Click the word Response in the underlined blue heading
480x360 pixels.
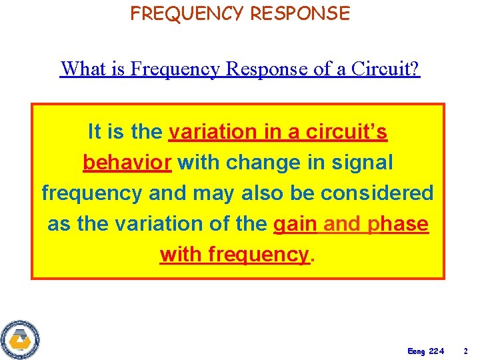pos(259,68)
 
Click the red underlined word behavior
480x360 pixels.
pos(127,163)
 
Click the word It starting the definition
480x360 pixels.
pos(95,132)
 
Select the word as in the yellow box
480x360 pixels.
pos(59,225)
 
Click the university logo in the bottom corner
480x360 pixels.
pos(20,339)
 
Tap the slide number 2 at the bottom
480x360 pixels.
pos(466,351)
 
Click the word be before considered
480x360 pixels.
pos(304,193)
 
